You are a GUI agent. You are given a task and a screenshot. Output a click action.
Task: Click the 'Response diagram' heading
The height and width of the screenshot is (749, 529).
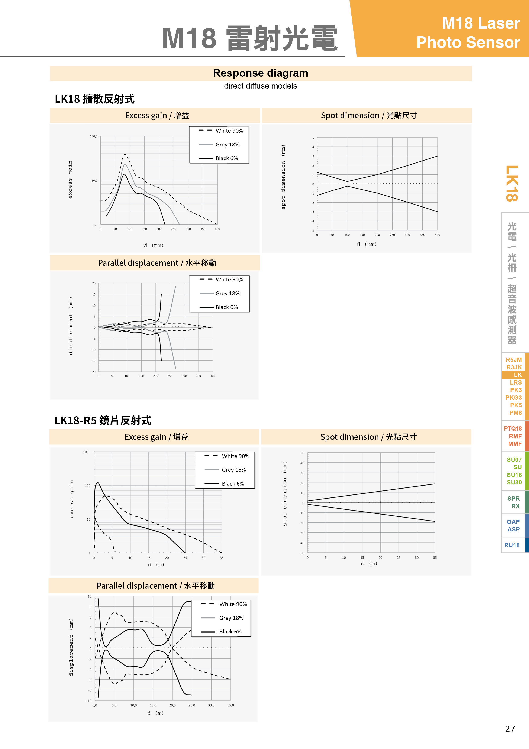tap(260, 73)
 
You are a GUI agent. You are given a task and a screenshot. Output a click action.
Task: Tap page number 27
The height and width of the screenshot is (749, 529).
tap(510, 729)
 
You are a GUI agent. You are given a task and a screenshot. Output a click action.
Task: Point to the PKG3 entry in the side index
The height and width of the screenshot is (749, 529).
tap(513, 397)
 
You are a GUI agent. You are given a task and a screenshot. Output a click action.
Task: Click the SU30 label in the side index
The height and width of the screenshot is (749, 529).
tap(514, 482)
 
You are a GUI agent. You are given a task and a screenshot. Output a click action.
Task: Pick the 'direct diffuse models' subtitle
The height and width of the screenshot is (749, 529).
tap(260, 86)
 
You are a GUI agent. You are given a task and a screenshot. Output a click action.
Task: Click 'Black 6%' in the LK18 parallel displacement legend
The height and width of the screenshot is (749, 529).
tap(226, 307)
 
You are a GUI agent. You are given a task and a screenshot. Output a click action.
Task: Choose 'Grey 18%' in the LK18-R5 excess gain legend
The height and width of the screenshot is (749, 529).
tap(233, 470)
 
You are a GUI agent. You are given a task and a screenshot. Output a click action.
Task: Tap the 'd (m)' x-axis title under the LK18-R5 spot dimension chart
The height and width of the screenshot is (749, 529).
tap(369, 563)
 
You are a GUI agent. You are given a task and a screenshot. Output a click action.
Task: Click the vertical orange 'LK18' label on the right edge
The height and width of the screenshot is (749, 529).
tap(512, 183)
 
